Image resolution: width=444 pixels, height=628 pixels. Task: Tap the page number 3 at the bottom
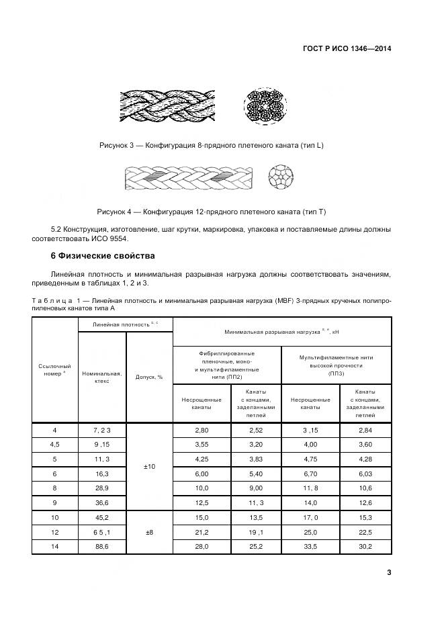click(389, 572)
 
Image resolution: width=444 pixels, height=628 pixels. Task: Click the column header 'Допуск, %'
click(149, 377)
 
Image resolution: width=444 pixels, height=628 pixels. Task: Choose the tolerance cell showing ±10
click(149, 465)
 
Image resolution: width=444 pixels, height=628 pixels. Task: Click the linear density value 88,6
click(102, 547)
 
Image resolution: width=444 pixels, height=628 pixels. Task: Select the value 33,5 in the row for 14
click(310, 547)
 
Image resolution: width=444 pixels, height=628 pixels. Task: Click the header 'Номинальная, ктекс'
click(102, 377)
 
